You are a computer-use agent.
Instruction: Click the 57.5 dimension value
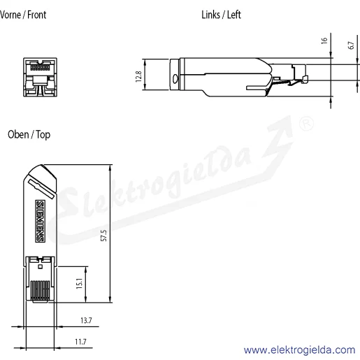point(104,236)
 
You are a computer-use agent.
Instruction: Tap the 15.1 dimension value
point(80,283)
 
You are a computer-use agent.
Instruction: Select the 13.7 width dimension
point(86,320)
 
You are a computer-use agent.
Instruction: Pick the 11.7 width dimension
point(80,342)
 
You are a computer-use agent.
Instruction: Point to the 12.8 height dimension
point(138,76)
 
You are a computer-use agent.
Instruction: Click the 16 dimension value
point(324,41)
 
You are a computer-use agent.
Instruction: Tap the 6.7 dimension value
point(351,45)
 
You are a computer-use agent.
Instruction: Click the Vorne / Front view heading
point(23,15)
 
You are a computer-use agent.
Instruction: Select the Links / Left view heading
point(221,15)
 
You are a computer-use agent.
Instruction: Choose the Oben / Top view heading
point(29,135)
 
